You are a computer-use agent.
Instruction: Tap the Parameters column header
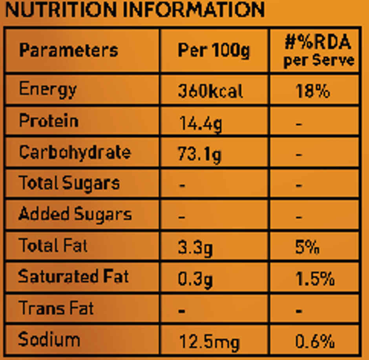tap(68, 50)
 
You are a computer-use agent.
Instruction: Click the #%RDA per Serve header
tap(318, 51)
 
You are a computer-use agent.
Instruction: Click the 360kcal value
tap(210, 91)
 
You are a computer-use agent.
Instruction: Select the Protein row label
tap(49, 121)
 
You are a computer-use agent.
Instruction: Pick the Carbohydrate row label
tap(75, 152)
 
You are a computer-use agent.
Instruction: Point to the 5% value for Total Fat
tap(307, 248)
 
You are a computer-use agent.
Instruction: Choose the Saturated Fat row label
tap(73, 276)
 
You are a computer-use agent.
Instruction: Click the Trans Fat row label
tap(56, 308)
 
